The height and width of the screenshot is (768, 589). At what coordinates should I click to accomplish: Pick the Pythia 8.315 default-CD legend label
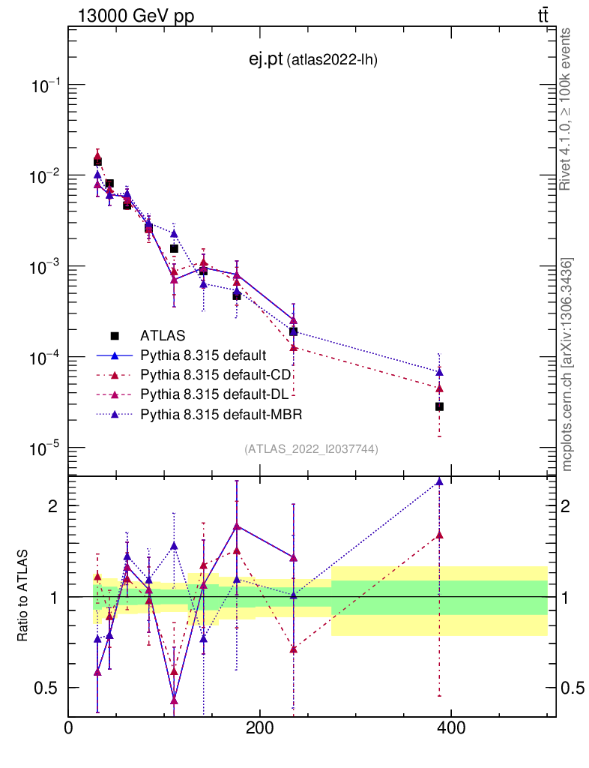tap(216, 373)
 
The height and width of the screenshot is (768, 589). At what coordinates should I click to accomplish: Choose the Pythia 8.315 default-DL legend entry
tap(215, 394)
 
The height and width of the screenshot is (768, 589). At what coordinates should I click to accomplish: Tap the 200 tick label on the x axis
tap(259, 727)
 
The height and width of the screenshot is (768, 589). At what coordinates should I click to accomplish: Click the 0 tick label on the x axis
tap(68, 727)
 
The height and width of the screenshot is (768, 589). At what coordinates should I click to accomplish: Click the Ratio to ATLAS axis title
tap(24, 595)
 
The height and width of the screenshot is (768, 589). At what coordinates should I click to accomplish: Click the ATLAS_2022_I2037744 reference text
tap(311, 449)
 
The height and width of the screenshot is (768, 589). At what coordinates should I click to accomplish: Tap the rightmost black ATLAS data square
tap(439, 406)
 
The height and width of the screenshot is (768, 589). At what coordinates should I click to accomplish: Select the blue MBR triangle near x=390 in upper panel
tap(439, 372)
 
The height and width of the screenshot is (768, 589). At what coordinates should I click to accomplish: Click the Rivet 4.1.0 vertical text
tap(567, 109)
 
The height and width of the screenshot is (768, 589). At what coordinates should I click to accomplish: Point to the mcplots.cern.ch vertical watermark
tap(567, 364)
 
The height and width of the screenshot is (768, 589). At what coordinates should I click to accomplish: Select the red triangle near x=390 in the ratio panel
tap(439, 535)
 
